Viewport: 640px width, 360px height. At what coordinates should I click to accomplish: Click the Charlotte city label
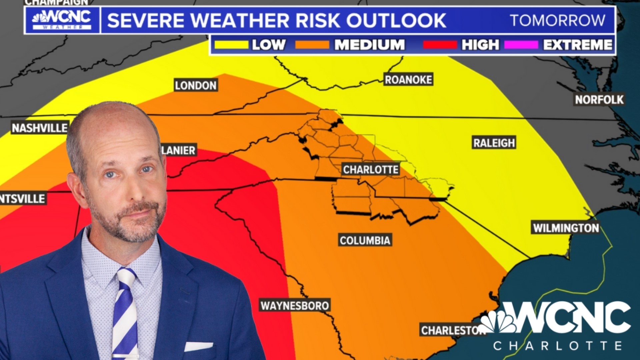371,170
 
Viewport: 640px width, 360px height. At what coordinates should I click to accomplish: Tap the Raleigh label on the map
494,143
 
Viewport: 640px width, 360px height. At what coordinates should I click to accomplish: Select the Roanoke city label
408,80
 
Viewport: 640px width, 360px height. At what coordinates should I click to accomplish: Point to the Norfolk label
599,99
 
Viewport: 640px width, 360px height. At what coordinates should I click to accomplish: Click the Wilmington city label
566,228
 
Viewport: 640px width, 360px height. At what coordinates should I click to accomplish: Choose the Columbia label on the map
365,240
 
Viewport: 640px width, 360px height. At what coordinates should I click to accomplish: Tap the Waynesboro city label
295,306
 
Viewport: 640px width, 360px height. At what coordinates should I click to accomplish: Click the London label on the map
196,86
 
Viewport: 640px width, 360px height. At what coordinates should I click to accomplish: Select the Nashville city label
40,128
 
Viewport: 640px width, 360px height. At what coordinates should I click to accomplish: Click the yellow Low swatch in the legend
231,45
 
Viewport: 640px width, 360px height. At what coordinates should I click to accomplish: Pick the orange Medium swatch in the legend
312,45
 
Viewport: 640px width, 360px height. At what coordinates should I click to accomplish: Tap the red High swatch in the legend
440,45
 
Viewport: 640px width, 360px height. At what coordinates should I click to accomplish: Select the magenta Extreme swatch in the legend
521,45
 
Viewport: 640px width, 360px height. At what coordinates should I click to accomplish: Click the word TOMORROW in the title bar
557,20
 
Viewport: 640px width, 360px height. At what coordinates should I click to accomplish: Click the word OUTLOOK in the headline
396,20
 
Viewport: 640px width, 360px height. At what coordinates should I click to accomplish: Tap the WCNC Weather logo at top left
62,20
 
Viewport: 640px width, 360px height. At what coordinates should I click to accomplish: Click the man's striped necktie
125,313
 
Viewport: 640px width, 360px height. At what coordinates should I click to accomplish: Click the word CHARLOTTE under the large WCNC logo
557,346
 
